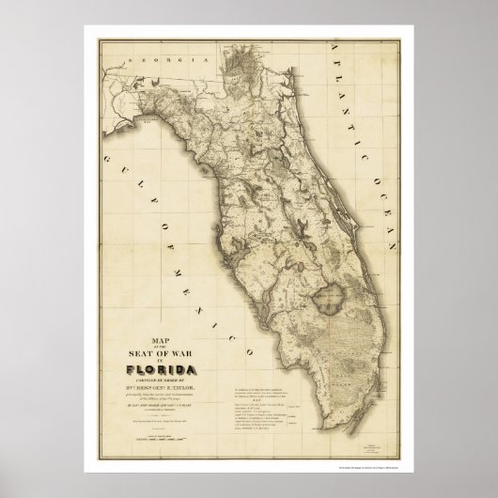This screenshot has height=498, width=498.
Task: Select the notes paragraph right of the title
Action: (x=295, y=376)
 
